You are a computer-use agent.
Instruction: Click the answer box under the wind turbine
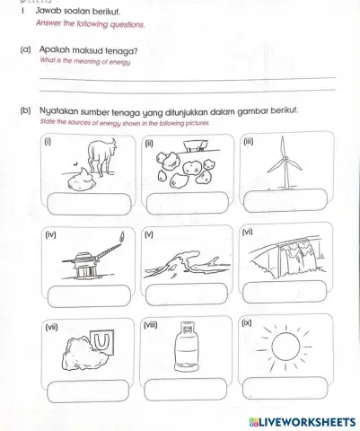click(x=285, y=203)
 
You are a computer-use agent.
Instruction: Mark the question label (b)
click(x=24, y=112)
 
